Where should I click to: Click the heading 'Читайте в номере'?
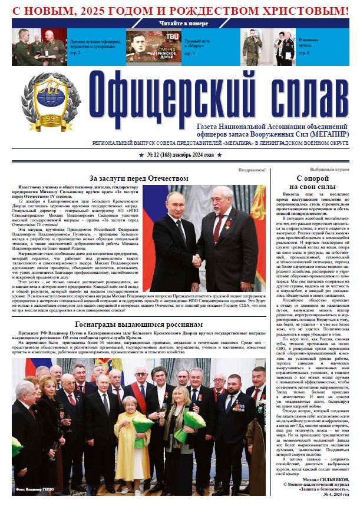point(183,24)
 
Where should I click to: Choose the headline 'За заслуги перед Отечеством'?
point(138,178)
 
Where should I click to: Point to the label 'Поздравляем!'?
point(252,170)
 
